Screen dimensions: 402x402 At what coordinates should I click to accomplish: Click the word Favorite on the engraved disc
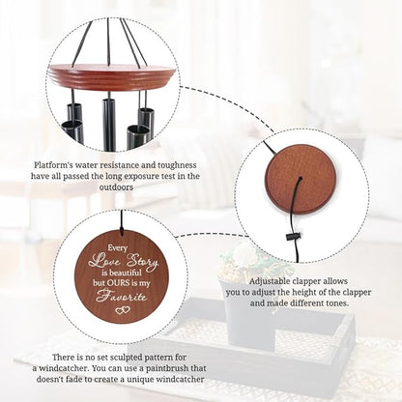121,296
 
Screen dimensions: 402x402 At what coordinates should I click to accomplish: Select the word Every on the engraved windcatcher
118,248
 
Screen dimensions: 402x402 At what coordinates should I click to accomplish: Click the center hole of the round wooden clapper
301,179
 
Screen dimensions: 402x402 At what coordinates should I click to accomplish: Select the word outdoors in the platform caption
116,187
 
